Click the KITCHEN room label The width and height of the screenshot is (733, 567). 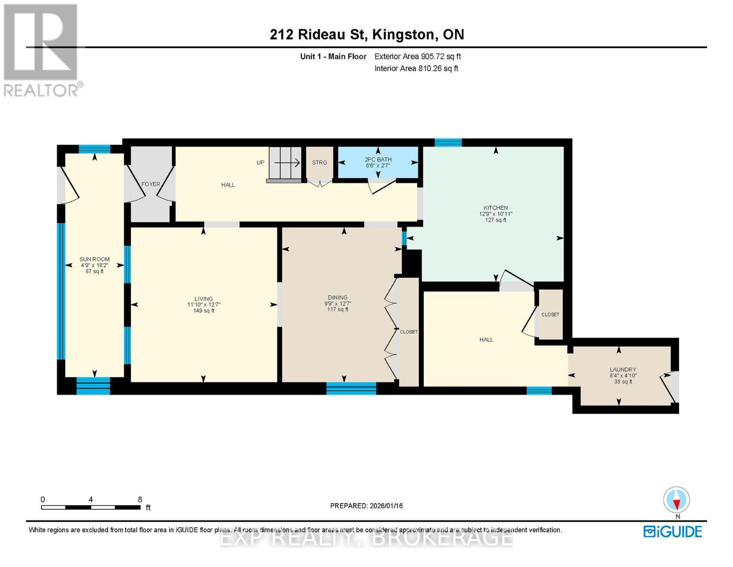tap(495, 208)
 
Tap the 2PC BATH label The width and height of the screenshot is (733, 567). tap(378, 159)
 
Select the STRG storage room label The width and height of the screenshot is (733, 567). tap(319, 163)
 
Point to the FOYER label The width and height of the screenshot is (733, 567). tap(151, 184)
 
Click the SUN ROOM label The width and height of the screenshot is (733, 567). tap(94, 259)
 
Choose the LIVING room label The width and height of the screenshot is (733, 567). tap(203, 299)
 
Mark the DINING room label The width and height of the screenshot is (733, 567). tap(337, 297)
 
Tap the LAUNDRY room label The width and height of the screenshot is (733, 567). tap(623, 369)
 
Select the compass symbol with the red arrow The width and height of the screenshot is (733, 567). tap(676, 499)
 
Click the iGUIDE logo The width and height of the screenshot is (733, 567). tap(673, 532)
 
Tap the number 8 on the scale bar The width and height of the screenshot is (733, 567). tap(140, 499)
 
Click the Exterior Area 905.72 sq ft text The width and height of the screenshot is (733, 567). tap(418, 56)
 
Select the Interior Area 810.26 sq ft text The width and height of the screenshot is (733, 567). tap(416, 69)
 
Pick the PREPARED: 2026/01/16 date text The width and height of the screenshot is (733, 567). tap(366, 506)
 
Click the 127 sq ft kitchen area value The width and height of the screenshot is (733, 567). tap(495, 220)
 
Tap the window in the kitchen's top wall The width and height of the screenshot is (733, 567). tap(448, 142)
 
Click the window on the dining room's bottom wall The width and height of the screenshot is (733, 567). tap(351, 388)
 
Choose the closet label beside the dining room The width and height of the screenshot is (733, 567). tap(408, 332)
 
